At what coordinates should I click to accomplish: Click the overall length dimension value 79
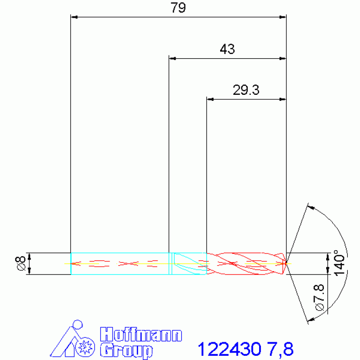tap(178, 8)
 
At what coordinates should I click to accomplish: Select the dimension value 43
tap(227, 49)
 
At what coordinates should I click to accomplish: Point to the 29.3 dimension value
tap(246, 90)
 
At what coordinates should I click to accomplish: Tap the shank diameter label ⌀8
tap(21, 263)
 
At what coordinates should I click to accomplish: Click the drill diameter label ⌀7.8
tap(320, 298)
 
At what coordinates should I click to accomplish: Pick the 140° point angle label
tap(339, 263)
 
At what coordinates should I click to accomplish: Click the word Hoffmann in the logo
tap(141, 335)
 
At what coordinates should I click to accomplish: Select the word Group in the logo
tap(126, 351)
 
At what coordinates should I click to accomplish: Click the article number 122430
tap(230, 349)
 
